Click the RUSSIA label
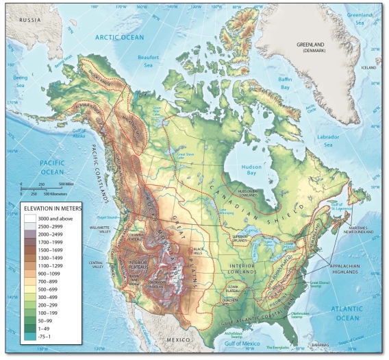[31, 20]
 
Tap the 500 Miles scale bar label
[66, 183]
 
